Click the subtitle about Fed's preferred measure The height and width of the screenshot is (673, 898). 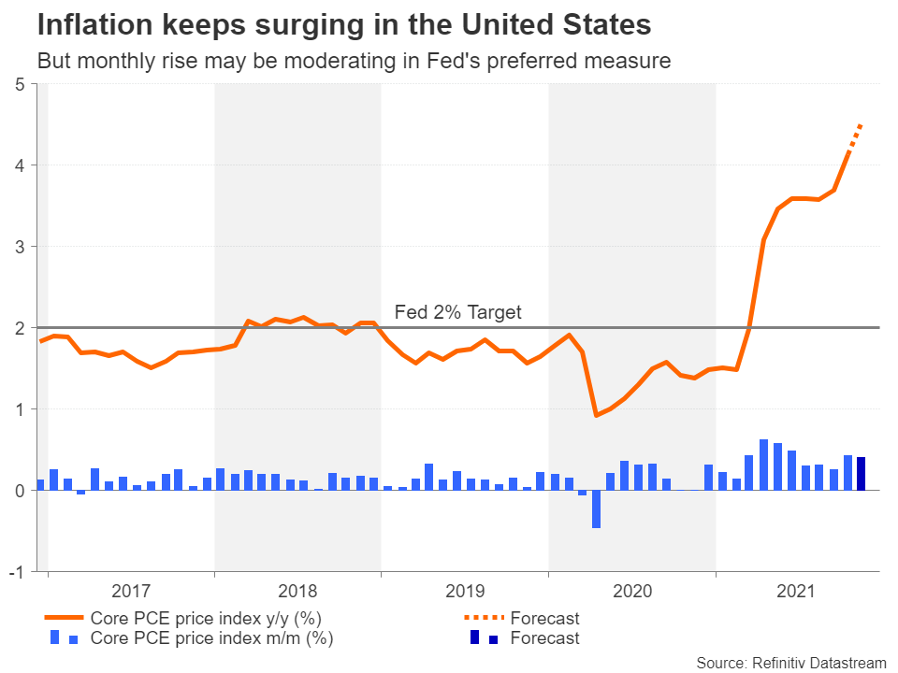(x=354, y=62)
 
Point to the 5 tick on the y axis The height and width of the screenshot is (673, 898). (x=20, y=84)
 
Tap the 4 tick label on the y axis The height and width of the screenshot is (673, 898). (x=20, y=165)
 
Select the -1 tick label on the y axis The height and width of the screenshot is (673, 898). (x=17, y=571)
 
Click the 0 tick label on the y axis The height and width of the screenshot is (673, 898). (x=20, y=490)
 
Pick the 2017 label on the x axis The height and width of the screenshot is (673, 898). (x=131, y=591)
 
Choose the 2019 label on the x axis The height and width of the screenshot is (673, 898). (x=465, y=591)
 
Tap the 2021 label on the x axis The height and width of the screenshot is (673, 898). (x=798, y=591)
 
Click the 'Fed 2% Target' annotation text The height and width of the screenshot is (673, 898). (x=457, y=312)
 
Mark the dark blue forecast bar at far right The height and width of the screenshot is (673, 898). (x=862, y=473)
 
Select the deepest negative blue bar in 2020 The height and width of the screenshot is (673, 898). (x=596, y=508)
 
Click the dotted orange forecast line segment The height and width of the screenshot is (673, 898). (x=855, y=137)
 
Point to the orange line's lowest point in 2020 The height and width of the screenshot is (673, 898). (x=596, y=415)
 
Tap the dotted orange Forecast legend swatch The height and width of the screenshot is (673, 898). (x=485, y=619)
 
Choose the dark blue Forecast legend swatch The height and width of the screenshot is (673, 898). (x=485, y=638)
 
